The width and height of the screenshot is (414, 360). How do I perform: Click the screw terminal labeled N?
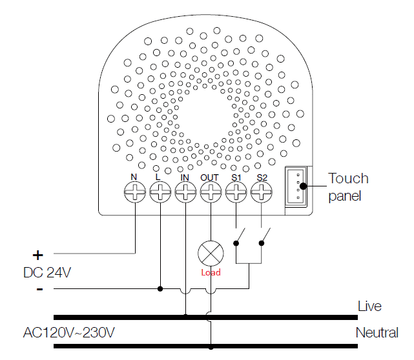(x=135, y=192)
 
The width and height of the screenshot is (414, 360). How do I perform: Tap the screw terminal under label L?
(x=160, y=192)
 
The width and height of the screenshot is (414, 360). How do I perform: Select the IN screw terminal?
(x=185, y=192)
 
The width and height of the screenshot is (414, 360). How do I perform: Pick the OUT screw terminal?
(x=211, y=192)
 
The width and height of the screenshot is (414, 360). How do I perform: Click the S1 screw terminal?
(x=236, y=192)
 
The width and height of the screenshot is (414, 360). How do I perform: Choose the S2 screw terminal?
(x=262, y=192)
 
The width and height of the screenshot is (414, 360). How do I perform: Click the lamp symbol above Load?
(x=211, y=254)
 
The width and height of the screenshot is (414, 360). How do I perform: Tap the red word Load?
(x=211, y=272)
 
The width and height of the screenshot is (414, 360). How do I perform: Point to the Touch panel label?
(x=348, y=187)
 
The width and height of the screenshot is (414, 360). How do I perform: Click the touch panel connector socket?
(x=296, y=186)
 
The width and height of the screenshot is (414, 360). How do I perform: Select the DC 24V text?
(x=47, y=272)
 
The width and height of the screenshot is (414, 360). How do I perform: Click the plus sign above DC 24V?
(x=37, y=255)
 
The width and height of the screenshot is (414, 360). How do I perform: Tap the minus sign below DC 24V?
(x=39, y=290)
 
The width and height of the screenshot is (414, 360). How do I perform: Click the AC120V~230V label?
(x=69, y=332)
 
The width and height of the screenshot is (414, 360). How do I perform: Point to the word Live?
(x=369, y=306)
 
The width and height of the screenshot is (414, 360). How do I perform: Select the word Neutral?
(x=377, y=332)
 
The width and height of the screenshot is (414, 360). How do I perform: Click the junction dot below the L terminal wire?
(x=160, y=289)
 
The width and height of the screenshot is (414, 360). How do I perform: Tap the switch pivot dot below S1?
(x=236, y=243)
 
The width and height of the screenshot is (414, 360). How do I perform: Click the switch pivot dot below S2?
(x=262, y=243)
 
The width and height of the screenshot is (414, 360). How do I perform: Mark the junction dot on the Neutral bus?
(x=211, y=348)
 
